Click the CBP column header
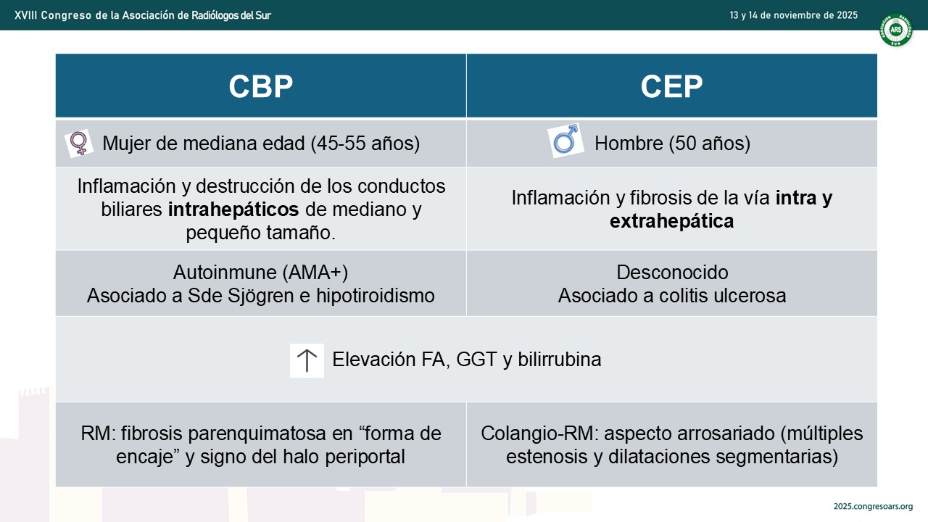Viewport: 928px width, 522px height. [260, 86]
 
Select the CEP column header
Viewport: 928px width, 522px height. [671, 86]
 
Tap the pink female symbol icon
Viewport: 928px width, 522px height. [79, 144]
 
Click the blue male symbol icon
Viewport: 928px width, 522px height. [566, 141]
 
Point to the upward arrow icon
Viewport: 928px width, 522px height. [307, 360]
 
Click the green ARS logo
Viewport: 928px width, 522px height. [895, 30]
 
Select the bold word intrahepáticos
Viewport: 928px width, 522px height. [233, 210]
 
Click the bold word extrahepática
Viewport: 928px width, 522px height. [671, 221]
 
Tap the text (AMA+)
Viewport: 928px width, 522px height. [315, 273]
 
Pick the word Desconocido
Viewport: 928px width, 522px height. [672, 273]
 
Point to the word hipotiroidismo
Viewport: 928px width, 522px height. [376, 297]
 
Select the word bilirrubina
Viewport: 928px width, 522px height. [559, 359]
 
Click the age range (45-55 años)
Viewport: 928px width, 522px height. [365, 144]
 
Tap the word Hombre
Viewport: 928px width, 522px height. [629, 144]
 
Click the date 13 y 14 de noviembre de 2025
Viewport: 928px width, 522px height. [793, 15]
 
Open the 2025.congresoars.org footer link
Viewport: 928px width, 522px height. [874, 507]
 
